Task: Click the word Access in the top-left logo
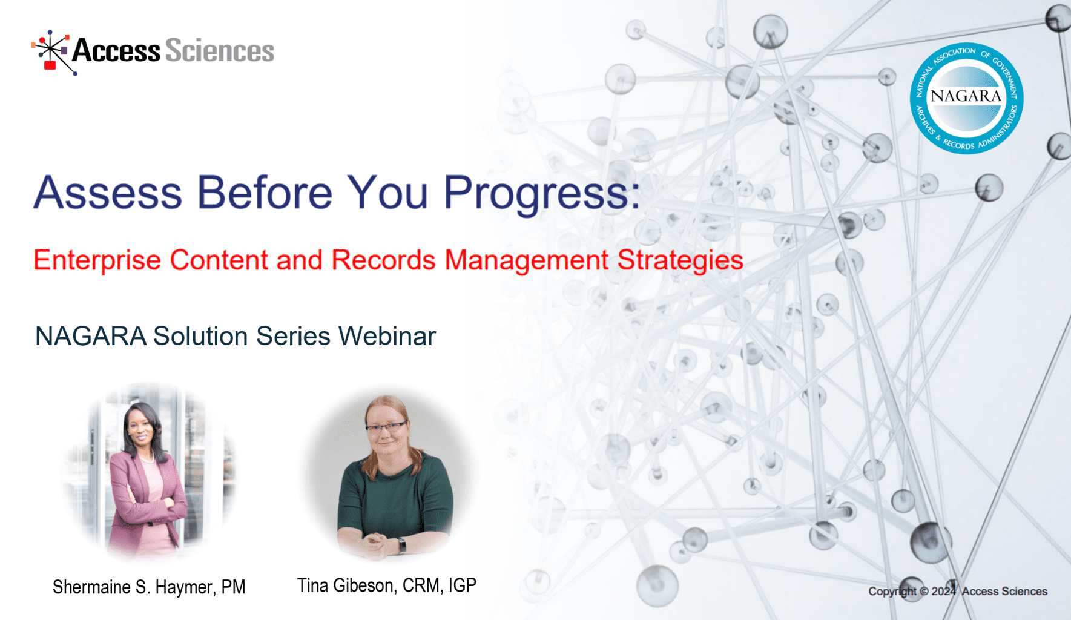coord(116,51)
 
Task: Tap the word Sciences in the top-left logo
coord(219,51)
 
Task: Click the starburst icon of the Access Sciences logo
coord(52,52)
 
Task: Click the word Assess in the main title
coord(108,193)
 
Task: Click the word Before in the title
coord(265,193)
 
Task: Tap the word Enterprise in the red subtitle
coord(97,261)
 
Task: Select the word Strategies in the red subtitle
coord(680,261)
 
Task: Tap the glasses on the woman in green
coord(386,428)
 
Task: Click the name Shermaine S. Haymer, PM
coord(149,587)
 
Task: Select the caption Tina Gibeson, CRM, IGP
coord(386,585)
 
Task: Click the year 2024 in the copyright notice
coord(943,592)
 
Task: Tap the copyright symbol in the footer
coord(924,592)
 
